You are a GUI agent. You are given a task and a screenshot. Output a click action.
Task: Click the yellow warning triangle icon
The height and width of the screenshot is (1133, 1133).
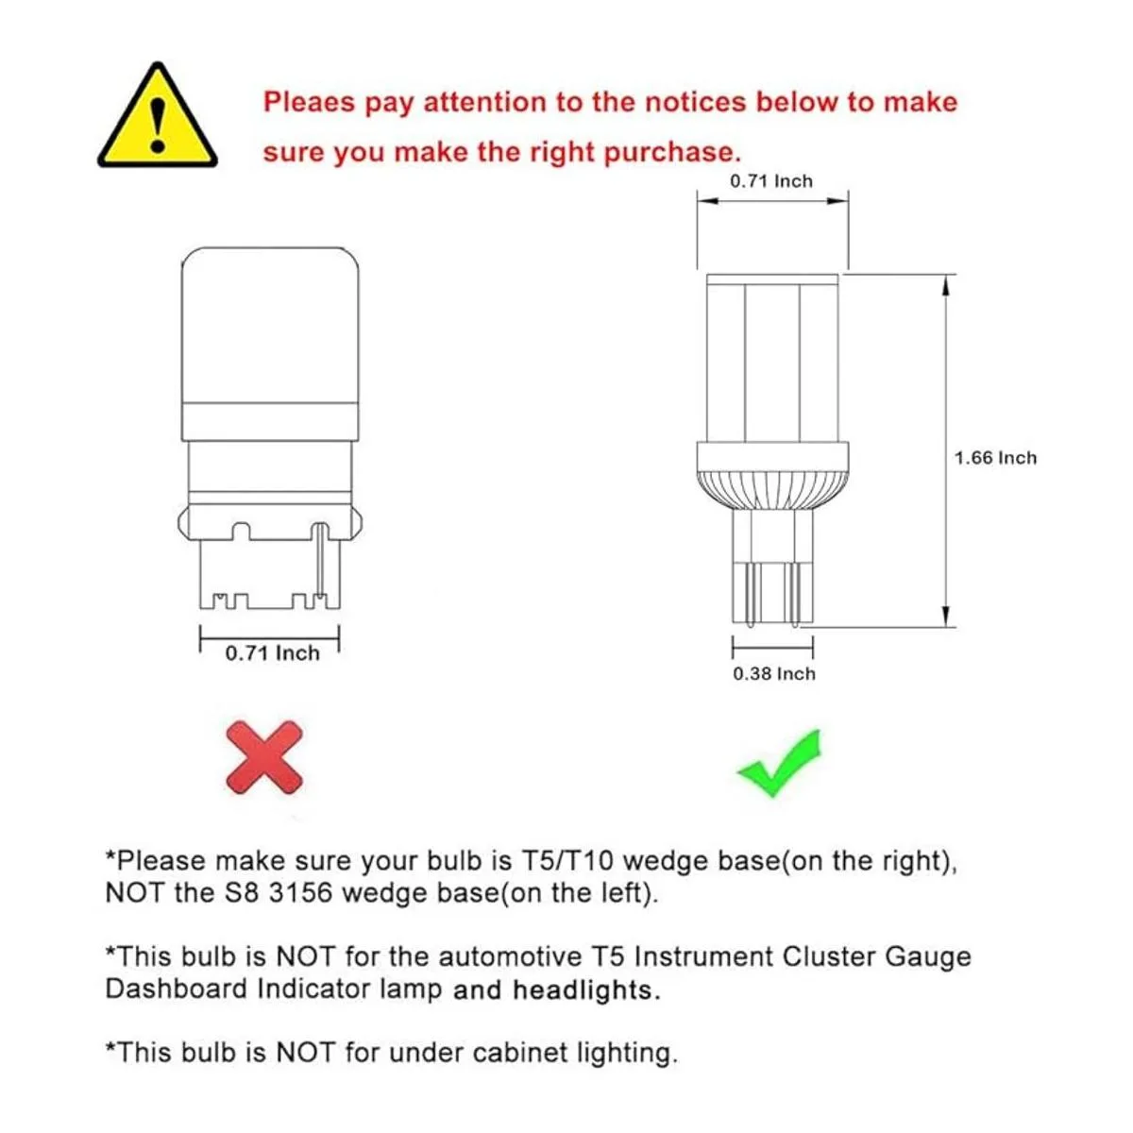[157, 119]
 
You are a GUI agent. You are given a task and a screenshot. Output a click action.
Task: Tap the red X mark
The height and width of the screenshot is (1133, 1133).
[264, 757]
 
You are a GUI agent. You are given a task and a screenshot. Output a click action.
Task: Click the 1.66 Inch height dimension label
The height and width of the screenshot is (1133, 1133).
[995, 458]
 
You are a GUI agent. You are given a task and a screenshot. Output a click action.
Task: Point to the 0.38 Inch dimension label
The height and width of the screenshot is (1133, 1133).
[774, 674]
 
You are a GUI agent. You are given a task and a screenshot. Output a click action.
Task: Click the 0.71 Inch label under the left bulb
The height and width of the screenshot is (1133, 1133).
[272, 653]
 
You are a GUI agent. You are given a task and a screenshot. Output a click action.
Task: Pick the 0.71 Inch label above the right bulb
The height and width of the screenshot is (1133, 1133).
[771, 181]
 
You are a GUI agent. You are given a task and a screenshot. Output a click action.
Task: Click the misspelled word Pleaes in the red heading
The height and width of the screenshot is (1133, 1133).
[310, 103]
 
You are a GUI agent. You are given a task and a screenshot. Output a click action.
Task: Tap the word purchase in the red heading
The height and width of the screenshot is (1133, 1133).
[672, 154]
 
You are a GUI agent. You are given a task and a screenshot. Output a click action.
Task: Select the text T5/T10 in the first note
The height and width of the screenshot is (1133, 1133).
[567, 861]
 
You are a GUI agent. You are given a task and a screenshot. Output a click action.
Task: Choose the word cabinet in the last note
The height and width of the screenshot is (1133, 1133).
[519, 1052]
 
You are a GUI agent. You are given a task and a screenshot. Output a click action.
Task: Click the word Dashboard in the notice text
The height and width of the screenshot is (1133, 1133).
[176, 989]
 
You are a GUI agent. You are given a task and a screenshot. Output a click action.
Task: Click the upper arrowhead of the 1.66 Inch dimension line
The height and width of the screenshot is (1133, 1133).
[945, 287]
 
